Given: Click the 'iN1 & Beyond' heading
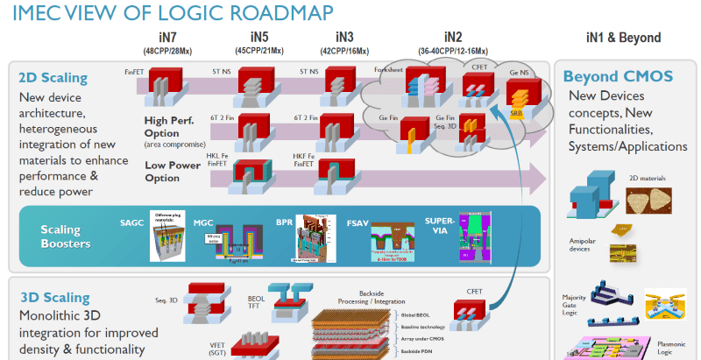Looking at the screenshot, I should [x=623, y=38].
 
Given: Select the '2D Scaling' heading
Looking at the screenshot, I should [x=52, y=77].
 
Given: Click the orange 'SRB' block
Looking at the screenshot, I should [x=519, y=111].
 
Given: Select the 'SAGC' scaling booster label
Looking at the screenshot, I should [x=131, y=223].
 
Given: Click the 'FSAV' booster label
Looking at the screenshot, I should [x=358, y=223].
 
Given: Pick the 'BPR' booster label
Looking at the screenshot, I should [x=284, y=223].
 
